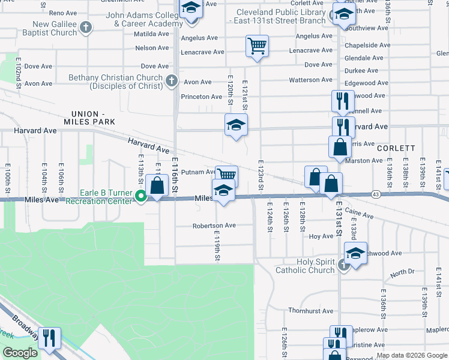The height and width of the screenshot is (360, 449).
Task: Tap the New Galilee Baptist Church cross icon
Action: point(86,28)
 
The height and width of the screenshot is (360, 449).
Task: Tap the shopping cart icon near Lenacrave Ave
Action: point(257,46)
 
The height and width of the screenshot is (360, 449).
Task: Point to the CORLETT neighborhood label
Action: point(396,148)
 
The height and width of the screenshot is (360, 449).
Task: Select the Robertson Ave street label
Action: point(214,226)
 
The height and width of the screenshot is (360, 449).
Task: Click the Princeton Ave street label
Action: point(202,97)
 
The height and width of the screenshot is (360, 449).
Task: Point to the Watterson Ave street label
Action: point(311,80)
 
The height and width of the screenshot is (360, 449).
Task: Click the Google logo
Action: point(20,353)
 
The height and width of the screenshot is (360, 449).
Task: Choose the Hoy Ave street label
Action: point(321,236)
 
